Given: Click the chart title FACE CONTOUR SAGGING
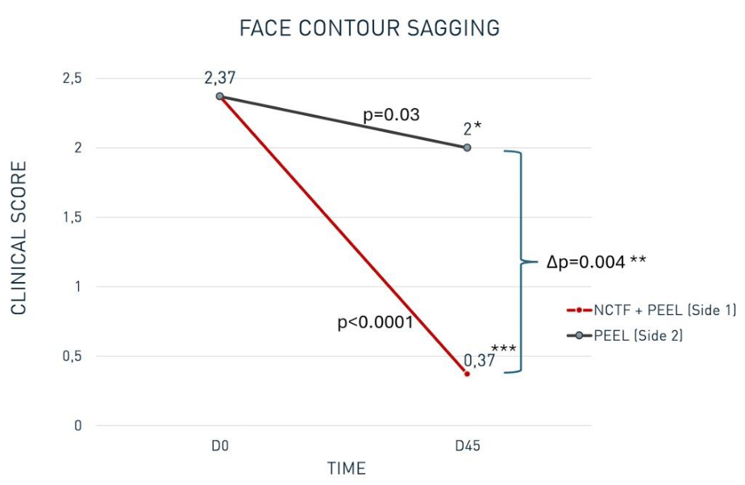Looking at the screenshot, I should tap(370, 28).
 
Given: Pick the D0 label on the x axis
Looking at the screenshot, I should tap(220, 446).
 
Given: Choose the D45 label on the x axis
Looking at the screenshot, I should tap(467, 446).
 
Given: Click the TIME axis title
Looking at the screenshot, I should tap(346, 468).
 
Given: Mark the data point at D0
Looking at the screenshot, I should tap(220, 97).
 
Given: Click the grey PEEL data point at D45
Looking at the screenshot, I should tap(467, 147).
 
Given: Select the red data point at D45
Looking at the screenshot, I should tap(467, 374).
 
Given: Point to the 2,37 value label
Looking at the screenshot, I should tap(219, 78).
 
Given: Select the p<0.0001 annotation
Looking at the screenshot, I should tap(375, 323).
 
